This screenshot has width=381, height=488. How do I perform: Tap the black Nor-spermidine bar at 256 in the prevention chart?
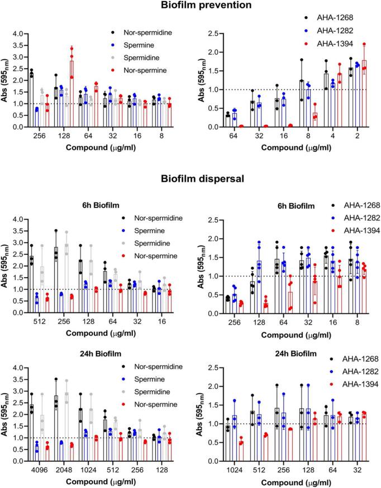pos(31,100)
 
